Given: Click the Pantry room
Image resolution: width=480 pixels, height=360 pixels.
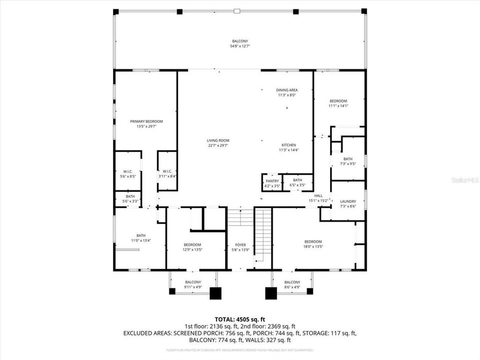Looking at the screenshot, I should click(x=272, y=182).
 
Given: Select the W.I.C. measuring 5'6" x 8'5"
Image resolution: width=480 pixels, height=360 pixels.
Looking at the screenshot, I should click(x=127, y=173).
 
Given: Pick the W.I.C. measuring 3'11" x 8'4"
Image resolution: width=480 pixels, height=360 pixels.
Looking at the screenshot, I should click(x=167, y=173).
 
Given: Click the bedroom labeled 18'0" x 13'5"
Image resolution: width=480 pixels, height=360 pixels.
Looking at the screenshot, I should click(x=313, y=243).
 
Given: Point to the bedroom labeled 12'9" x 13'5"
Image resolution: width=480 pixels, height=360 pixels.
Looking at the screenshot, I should click(x=192, y=247).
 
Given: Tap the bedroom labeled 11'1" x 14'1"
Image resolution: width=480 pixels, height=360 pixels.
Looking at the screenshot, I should click(x=338, y=103).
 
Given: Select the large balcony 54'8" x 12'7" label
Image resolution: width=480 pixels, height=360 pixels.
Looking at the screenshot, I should click(x=240, y=43).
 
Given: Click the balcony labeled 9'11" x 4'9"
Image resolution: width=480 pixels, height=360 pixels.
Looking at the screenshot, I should click(x=193, y=284).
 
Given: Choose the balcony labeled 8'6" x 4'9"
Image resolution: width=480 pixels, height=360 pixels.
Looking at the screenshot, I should click(x=292, y=284).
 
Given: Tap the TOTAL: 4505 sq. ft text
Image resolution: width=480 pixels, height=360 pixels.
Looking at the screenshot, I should click(x=239, y=319).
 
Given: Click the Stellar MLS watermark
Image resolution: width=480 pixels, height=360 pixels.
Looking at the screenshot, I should click(x=464, y=178).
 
